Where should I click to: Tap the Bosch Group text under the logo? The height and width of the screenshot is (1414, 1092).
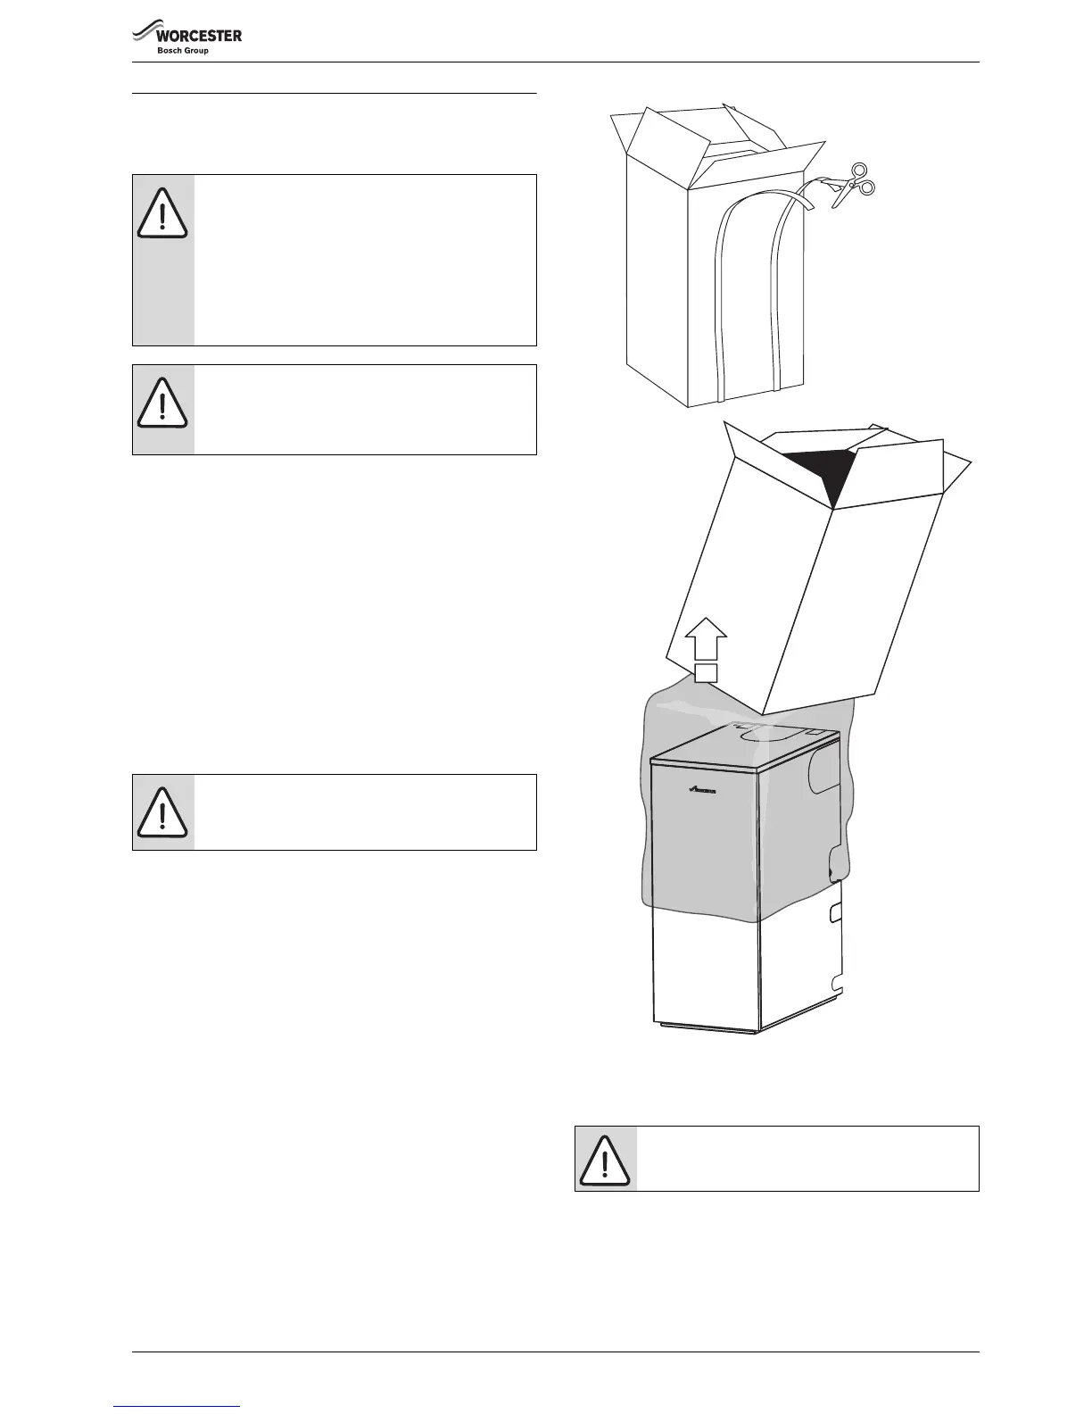pos(183,51)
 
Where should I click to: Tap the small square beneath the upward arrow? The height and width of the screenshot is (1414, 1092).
pos(707,672)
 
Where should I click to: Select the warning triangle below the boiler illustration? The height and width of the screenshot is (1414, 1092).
pos(605,1159)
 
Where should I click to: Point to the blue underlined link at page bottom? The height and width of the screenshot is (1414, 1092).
pos(178,1407)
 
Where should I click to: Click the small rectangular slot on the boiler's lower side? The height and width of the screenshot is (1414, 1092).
pos(836,911)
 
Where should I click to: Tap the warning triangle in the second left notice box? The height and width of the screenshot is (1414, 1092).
pos(162,404)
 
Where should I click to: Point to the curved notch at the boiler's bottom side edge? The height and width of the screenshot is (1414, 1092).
pos(836,983)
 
